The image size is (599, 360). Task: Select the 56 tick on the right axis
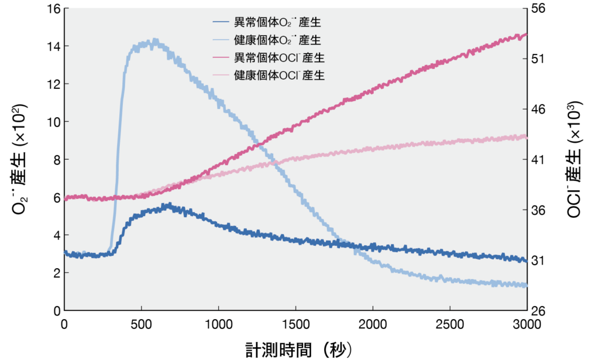pos(539,8)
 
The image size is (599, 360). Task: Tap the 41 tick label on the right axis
pos(539,160)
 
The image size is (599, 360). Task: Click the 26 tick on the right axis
pos(539,311)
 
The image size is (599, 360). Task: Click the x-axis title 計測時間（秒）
pos(298,349)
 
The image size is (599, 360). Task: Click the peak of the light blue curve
pos(154,40)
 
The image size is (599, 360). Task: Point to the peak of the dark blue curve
pos(168,205)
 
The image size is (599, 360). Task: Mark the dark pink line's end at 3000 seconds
pos(526,34)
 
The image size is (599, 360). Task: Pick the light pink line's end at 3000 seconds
pos(526,136)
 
